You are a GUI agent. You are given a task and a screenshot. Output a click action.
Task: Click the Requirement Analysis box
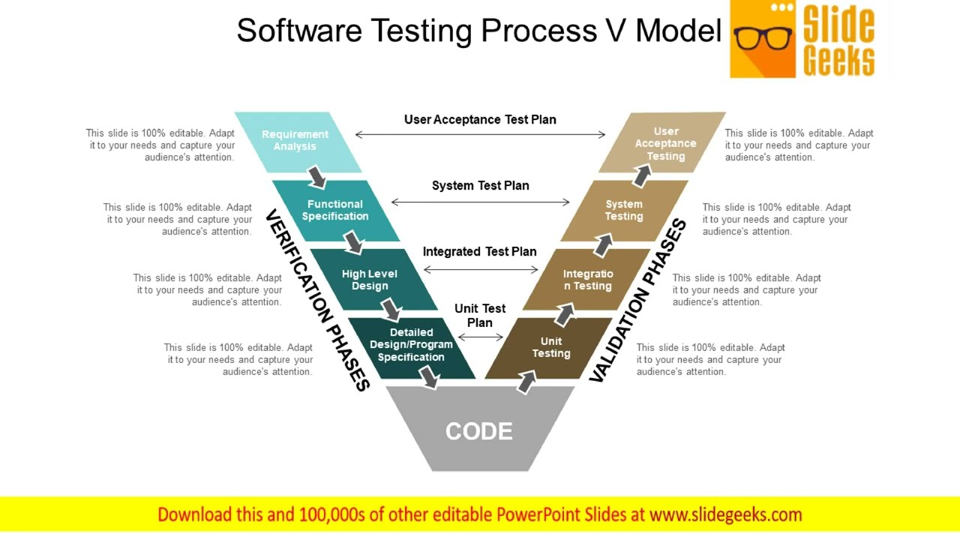(295, 141)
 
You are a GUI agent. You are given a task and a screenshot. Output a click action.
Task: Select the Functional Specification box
(335, 210)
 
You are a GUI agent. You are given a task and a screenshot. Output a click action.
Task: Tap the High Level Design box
(370, 280)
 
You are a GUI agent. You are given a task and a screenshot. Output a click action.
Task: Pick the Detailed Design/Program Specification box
(411, 345)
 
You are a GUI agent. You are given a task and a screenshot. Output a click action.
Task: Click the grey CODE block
(479, 430)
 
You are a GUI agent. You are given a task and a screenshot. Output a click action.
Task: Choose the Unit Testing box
(550, 348)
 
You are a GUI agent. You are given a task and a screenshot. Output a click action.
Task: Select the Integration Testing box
(588, 280)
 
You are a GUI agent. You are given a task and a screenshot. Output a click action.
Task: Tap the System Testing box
(624, 210)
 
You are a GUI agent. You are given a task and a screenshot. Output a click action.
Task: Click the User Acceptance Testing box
(665, 143)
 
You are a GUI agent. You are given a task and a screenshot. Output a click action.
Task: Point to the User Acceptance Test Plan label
(480, 119)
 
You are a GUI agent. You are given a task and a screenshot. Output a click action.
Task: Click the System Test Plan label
(480, 186)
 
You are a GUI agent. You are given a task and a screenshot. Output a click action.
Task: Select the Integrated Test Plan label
(480, 252)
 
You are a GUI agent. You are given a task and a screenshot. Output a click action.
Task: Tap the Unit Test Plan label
(480, 315)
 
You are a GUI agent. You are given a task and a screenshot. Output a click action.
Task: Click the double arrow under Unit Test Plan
(481, 337)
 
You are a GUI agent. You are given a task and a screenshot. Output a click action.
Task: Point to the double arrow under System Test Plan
(481, 202)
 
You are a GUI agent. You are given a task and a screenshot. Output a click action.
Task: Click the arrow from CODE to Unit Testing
(526, 382)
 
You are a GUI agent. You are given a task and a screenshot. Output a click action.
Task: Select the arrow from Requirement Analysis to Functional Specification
(317, 177)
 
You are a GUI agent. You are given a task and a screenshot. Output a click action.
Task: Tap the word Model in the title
(678, 31)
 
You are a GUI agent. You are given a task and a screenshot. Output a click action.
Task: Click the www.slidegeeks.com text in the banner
(725, 514)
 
